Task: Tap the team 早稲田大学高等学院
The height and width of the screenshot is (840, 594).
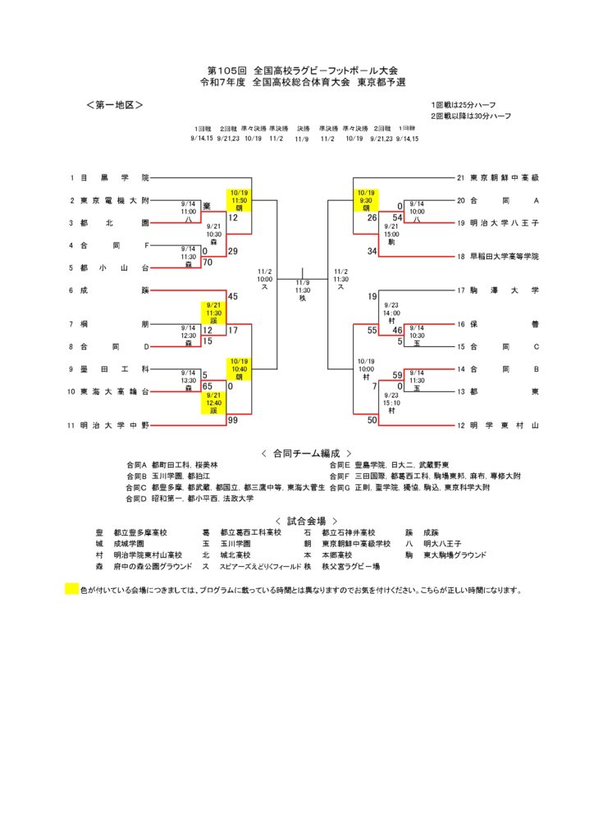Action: pyautogui.click(x=504, y=257)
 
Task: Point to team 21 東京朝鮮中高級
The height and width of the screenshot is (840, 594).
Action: pyautogui.click(x=504, y=177)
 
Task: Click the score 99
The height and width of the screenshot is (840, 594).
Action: pyautogui.click(x=233, y=420)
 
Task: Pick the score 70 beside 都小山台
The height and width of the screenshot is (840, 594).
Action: pyautogui.click(x=208, y=262)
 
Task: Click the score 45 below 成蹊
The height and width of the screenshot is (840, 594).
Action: pyautogui.click(x=233, y=296)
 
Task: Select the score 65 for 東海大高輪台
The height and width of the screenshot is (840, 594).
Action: pyautogui.click(x=208, y=386)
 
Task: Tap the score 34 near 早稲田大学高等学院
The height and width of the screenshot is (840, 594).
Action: pyautogui.click(x=372, y=251)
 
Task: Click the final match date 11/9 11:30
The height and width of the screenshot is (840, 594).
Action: pyautogui.click(x=303, y=289)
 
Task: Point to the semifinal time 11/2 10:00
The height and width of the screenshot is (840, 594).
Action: pyautogui.click(x=265, y=279)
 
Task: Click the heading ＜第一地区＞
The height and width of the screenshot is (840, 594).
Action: pyautogui.click(x=114, y=106)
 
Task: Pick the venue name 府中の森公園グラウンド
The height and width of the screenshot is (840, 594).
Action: pyautogui.click(x=153, y=566)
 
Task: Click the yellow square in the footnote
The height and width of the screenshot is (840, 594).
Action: pyautogui.click(x=71, y=589)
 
